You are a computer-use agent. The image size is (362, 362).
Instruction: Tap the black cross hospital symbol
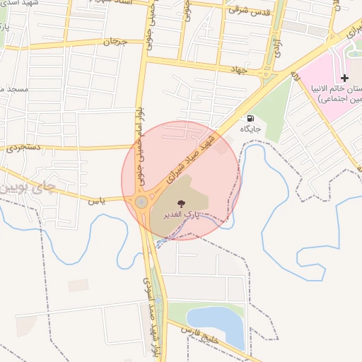tap(344, 77)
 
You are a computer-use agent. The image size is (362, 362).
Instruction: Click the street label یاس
tap(96, 200)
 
